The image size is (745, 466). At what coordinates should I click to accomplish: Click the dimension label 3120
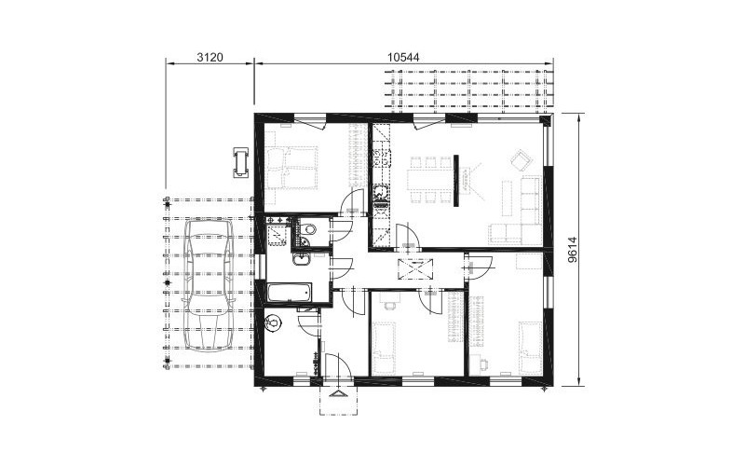[x=210, y=58]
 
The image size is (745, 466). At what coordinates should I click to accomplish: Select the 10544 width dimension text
[x=403, y=58]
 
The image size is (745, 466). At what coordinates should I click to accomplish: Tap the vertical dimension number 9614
[x=573, y=250]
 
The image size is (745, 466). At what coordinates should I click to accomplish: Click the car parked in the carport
[x=209, y=284]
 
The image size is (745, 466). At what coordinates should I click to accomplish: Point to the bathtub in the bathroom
[x=289, y=292]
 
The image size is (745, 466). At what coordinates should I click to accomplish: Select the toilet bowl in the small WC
[x=308, y=229]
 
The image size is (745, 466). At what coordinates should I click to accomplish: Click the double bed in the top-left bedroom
[x=291, y=168]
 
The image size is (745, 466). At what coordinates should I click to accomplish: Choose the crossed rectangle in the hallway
[x=415, y=268]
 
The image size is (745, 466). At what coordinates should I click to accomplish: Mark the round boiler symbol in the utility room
[x=274, y=322]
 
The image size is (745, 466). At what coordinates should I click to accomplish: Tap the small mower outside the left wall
[x=241, y=162]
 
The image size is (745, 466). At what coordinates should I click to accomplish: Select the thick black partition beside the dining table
[x=455, y=180]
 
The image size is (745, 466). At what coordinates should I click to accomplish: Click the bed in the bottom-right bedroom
[x=530, y=347]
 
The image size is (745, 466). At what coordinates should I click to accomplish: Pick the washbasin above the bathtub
[x=301, y=259]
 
